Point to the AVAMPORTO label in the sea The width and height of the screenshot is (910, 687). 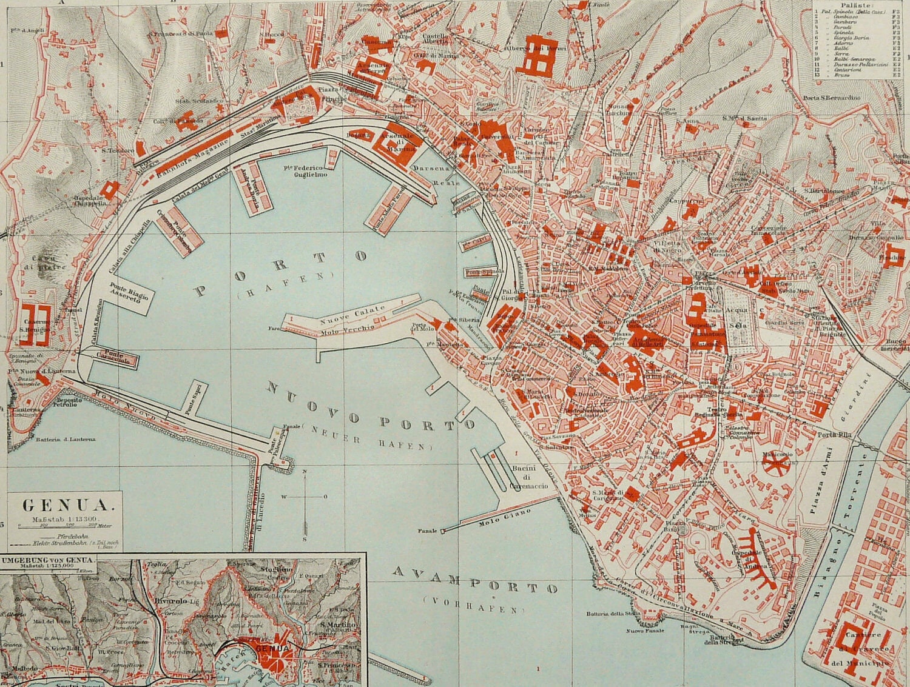click(475, 580)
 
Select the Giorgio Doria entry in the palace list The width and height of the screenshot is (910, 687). click(852, 38)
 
